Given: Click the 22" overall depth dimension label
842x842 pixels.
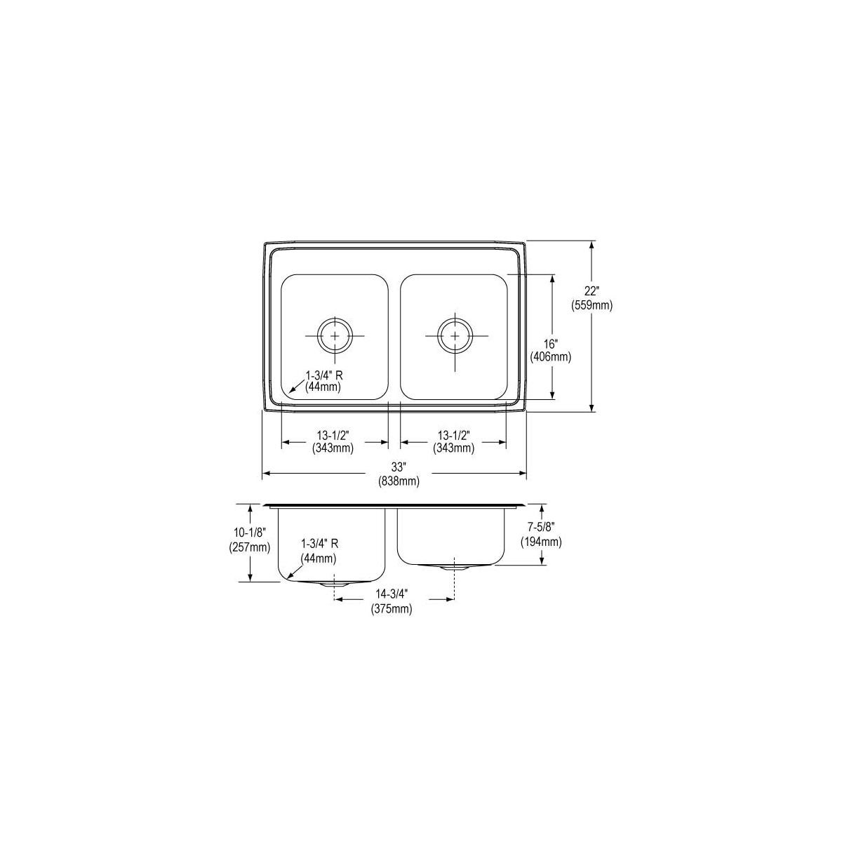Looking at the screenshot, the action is point(592,291).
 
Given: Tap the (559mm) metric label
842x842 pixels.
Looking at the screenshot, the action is point(592,306).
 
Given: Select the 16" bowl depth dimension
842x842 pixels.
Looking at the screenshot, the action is point(551,343).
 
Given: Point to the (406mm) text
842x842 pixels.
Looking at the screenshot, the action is point(551,357).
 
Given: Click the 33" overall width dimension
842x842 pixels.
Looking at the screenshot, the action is point(399,467).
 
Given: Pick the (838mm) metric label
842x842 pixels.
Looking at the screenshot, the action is point(399,481).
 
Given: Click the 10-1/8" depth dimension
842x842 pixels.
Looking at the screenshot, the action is point(250,533).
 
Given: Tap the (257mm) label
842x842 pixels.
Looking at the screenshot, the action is point(250,547).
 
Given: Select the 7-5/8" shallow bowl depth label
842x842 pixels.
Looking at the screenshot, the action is point(541,528).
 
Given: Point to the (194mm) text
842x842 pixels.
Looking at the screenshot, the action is point(541,542).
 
